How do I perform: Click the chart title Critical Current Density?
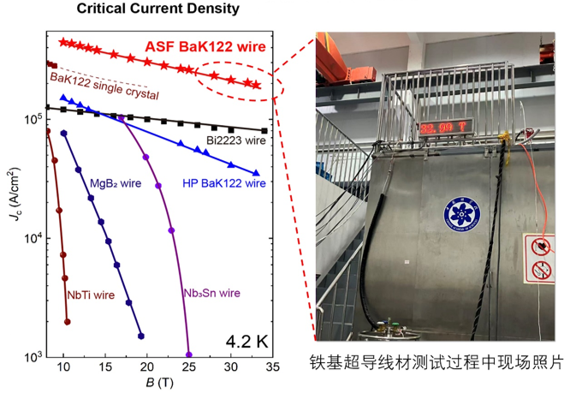(158, 9)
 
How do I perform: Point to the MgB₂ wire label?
(116, 182)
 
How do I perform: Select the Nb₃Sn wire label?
(211, 293)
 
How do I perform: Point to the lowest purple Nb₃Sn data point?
(188, 354)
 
